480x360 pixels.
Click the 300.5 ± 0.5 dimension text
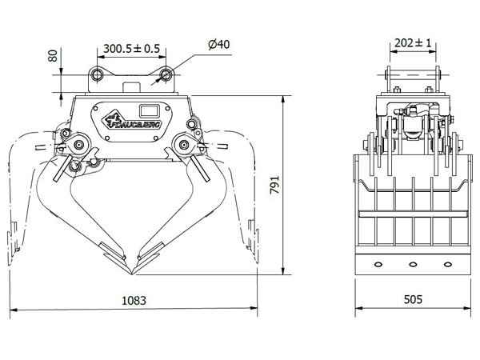click(131, 48)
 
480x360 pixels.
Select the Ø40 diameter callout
click(219, 44)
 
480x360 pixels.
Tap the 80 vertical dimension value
click(53, 56)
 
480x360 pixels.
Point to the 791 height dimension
click(274, 185)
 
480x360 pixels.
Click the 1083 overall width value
click(134, 301)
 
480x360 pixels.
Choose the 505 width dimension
click(413, 299)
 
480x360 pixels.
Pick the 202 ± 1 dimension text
click(413, 43)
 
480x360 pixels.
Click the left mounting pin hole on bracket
click(97, 74)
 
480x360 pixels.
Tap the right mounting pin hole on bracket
click(166, 74)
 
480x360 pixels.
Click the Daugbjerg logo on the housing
click(132, 122)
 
